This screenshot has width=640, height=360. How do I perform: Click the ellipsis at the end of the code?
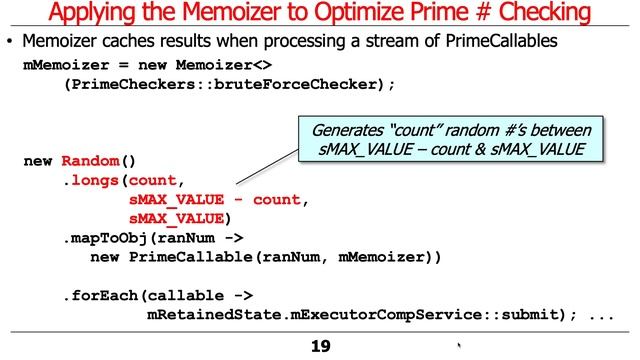[x=601, y=317]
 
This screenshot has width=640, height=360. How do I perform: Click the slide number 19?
[x=319, y=347]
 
